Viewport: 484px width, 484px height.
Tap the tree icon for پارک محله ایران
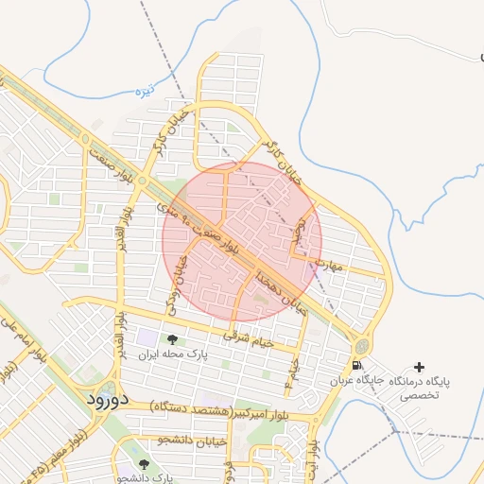pyautogui.click(x=171, y=339)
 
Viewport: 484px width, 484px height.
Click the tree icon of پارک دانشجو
pyautogui.click(x=143, y=463)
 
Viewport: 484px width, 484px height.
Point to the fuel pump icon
pyautogui.click(x=355, y=366)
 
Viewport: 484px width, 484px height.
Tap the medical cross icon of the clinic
pyautogui.click(x=420, y=366)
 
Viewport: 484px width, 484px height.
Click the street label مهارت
pyautogui.click(x=333, y=267)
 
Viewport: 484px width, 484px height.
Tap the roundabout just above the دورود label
pyautogui.click(x=107, y=387)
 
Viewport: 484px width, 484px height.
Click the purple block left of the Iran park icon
pyautogui.click(x=147, y=337)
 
